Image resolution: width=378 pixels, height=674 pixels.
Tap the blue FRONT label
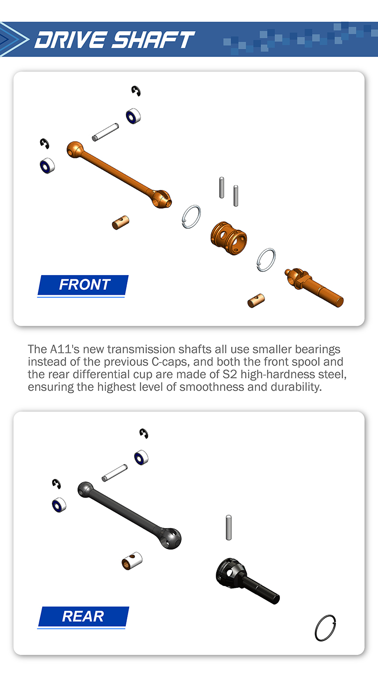tap(83, 285)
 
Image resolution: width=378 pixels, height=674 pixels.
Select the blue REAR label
tap(83, 616)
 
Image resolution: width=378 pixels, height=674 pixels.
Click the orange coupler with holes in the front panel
tap(229, 238)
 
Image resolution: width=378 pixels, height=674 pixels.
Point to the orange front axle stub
tap(314, 287)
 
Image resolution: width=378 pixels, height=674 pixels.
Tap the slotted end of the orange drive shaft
tap(161, 199)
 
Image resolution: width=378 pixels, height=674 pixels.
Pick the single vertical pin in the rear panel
tap(229, 527)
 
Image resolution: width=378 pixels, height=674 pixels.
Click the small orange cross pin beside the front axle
tap(256, 300)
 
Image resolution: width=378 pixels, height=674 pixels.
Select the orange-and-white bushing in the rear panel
tap(132, 561)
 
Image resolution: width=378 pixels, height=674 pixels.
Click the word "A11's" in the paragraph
tap(65, 349)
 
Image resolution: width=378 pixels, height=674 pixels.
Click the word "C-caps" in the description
tap(169, 362)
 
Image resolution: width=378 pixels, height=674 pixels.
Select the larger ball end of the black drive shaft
tap(170, 538)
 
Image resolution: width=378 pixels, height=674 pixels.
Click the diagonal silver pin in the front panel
tap(105, 132)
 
